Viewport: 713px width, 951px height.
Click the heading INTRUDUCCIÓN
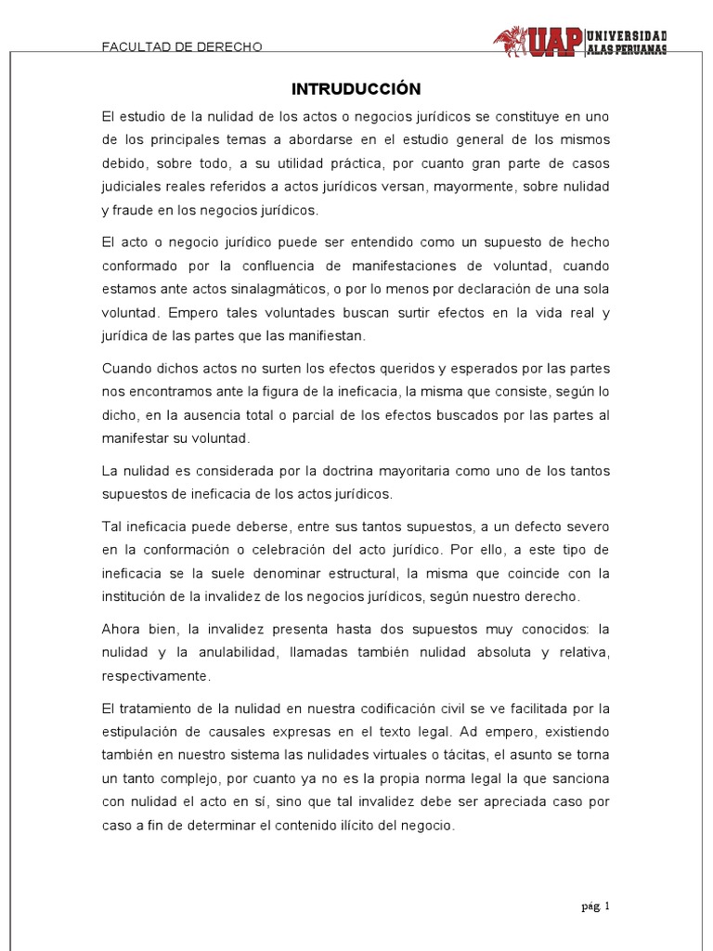coord(356,89)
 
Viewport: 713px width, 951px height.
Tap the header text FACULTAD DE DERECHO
coord(183,46)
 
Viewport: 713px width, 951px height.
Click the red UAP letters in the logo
coord(556,42)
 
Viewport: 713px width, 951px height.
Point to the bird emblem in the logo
coord(510,41)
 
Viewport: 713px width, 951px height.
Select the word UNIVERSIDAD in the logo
coord(627,35)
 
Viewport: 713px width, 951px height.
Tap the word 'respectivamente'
coord(157,675)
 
